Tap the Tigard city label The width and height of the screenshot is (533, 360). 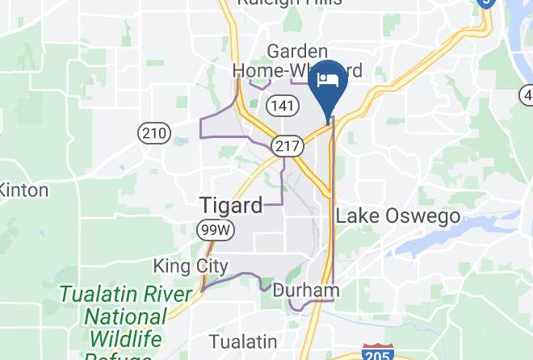[x=231, y=205]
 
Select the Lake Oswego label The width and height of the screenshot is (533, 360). [x=397, y=216]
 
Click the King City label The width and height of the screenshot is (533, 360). [x=191, y=266]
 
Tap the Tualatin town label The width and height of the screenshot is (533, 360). [x=242, y=341]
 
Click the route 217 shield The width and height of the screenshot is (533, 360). [x=288, y=147]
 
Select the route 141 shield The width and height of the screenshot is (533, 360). [x=282, y=107]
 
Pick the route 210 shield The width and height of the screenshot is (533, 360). [x=153, y=133]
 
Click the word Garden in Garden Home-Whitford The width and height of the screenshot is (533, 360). [x=297, y=52]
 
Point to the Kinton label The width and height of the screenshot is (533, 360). [x=23, y=190]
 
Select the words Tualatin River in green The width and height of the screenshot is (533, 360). [x=125, y=293]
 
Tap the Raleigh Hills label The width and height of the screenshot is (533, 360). [x=289, y=3]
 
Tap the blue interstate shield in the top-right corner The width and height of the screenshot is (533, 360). [x=485, y=2]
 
